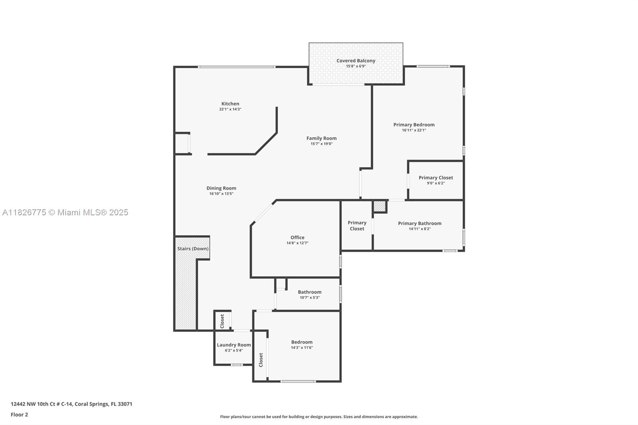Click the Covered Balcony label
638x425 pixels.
pyautogui.click(x=356, y=61)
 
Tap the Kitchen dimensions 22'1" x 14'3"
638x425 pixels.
pyautogui.click(x=230, y=109)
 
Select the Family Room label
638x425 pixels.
pyautogui.click(x=321, y=138)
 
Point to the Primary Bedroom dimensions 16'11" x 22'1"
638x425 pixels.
pyautogui.click(x=414, y=130)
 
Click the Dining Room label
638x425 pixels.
pyautogui.click(x=221, y=188)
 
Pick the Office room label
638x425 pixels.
pyautogui.click(x=297, y=238)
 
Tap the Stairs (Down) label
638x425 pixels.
pyautogui.click(x=193, y=249)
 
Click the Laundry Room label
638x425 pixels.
pyautogui.click(x=234, y=345)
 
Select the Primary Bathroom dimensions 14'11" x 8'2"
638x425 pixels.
pyautogui.click(x=419, y=229)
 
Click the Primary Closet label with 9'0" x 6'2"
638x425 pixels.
pyautogui.click(x=435, y=178)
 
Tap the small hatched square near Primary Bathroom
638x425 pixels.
pyautogui.click(x=380, y=207)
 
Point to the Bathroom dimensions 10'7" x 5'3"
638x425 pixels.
pyautogui.click(x=309, y=297)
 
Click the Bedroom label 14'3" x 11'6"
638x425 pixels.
pyautogui.click(x=302, y=342)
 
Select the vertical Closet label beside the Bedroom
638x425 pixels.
pyautogui.click(x=261, y=360)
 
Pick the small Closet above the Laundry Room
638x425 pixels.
pyautogui.click(x=222, y=321)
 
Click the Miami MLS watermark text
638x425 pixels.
pyautogui.click(x=65, y=212)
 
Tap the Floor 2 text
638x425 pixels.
pyautogui.click(x=19, y=415)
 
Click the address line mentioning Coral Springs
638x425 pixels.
pyautogui.click(x=71, y=404)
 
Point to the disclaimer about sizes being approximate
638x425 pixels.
pyautogui.click(x=319, y=417)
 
